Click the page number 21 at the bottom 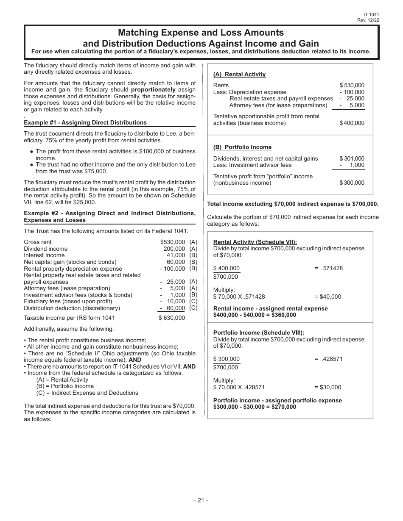pyautogui.click(x=201, y=500)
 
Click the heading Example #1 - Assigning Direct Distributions pyautogui.click(x=85, y=122)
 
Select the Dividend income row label pyautogui.click(x=46, y=249)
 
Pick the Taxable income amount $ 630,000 pyautogui.click(x=172, y=318)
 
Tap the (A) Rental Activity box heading pyautogui.click(x=239, y=74)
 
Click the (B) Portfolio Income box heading pyautogui.click(x=242, y=147)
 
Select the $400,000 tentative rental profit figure pyautogui.click(x=352, y=123)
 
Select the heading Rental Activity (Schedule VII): pyautogui.click(x=255, y=242)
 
